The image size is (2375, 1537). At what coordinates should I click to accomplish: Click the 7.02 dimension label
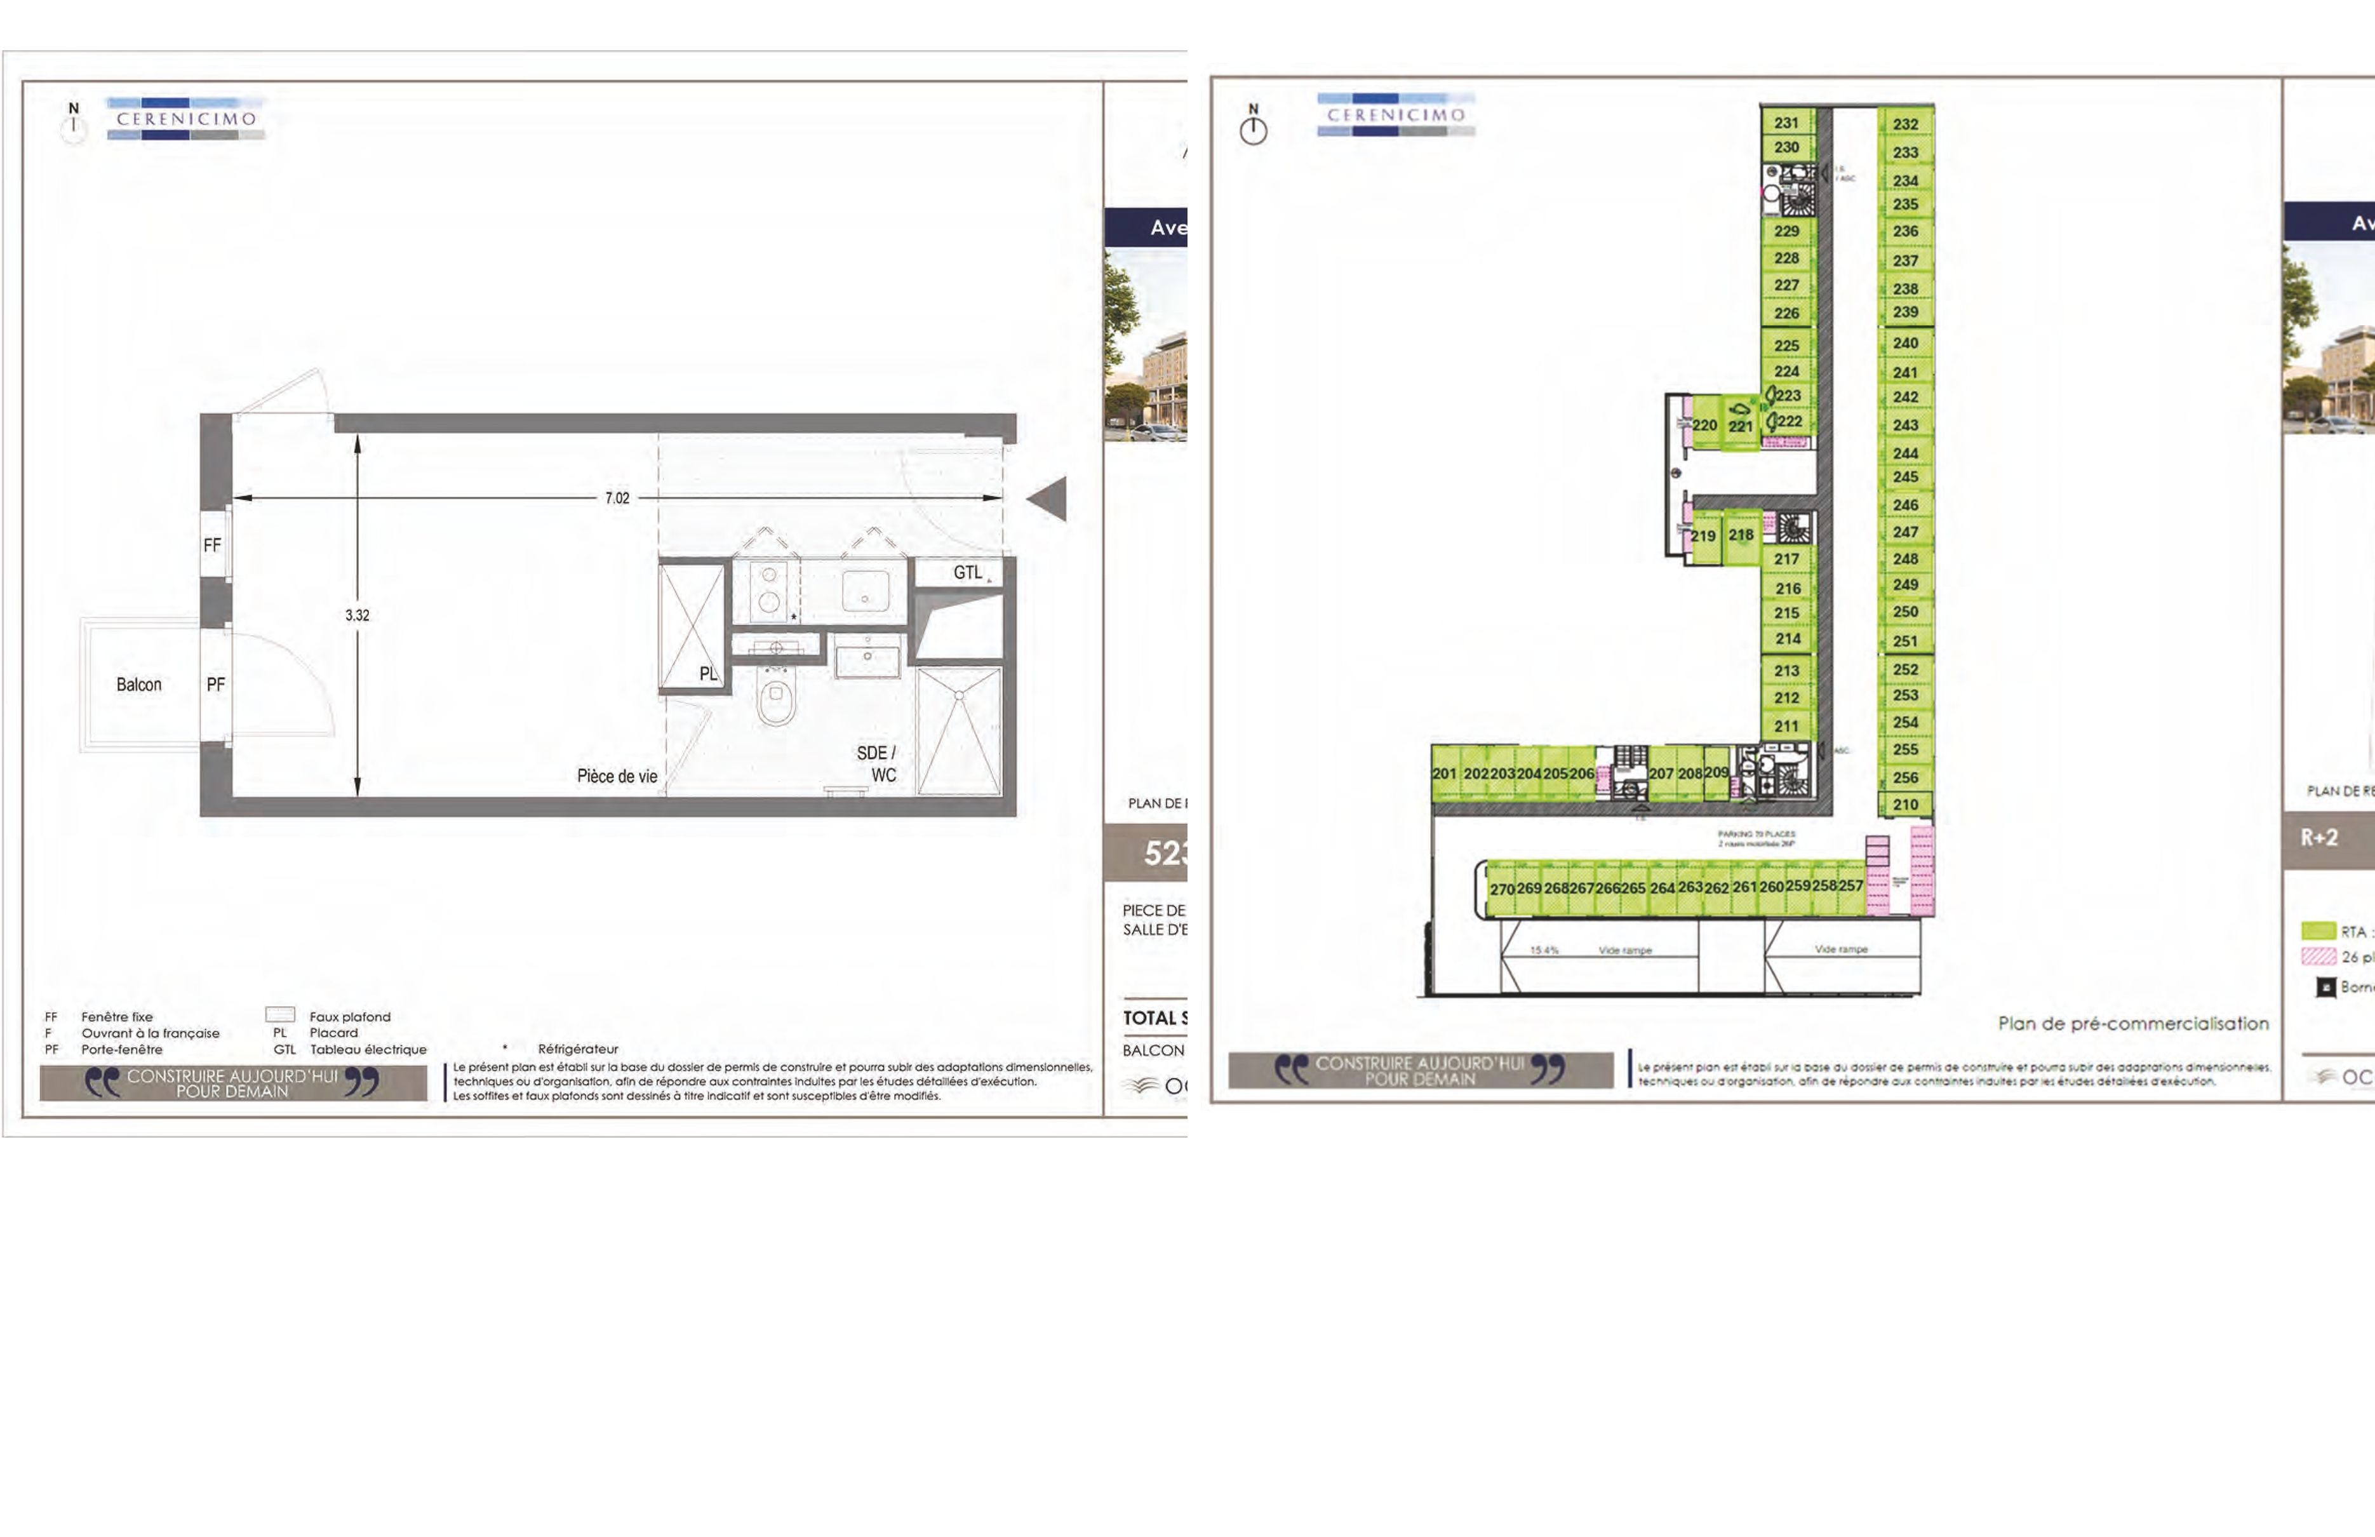tap(617, 498)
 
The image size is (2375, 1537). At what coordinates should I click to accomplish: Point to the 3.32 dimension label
tap(358, 615)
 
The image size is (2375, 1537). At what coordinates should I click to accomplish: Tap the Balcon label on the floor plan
tap(138, 685)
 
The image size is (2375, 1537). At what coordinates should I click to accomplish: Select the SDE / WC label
tap(876, 763)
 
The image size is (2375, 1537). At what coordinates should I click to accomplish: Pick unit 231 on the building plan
tap(1786, 123)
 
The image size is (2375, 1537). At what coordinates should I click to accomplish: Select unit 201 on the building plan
tap(1444, 774)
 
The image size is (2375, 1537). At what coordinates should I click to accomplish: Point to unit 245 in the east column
tap(1905, 477)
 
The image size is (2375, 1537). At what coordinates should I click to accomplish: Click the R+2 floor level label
tap(2319, 837)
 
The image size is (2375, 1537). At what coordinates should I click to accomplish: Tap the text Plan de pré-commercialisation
tap(2132, 1023)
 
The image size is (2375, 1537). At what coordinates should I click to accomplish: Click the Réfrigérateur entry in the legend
tap(578, 1049)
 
